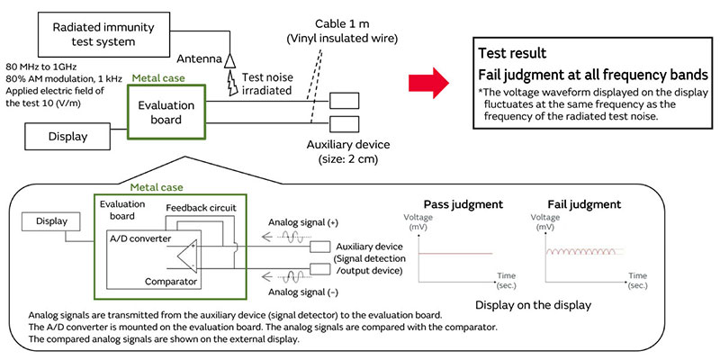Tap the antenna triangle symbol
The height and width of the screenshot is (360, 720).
[x=230, y=58]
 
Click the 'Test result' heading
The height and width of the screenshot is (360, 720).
[x=513, y=53]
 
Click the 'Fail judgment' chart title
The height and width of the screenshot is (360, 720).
[x=582, y=204]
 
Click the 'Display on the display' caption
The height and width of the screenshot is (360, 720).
[x=522, y=304]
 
